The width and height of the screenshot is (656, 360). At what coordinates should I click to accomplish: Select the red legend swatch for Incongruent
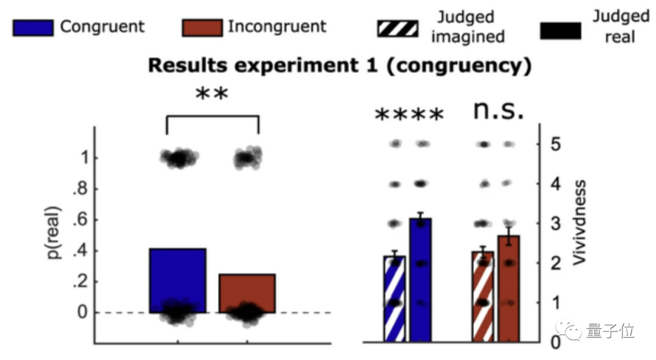(x=202, y=27)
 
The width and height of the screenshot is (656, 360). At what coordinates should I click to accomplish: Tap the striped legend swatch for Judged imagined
(x=398, y=27)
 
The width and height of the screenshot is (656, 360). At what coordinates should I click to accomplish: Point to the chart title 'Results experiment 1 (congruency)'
(x=340, y=66)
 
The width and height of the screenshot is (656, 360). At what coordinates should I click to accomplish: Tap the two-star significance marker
(x=211, y=95)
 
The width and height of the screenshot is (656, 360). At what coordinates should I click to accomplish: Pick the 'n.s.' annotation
(x=498, y=111)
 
